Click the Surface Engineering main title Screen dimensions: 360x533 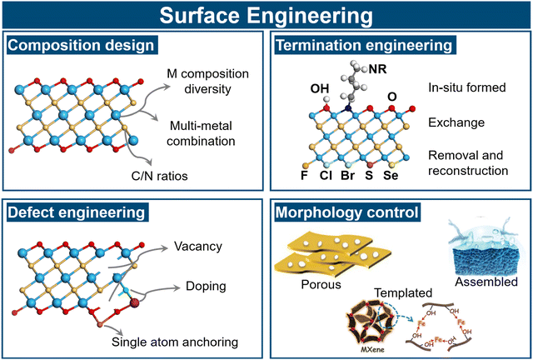pyautogui.click(x=266, y=16)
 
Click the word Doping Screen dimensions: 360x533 pyautogui.click(x=193, y=286)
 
